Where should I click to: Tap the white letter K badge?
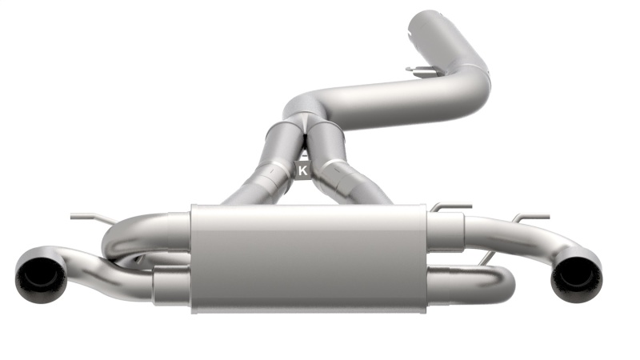[302, 170]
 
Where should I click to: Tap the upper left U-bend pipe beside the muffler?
[136, 232]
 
